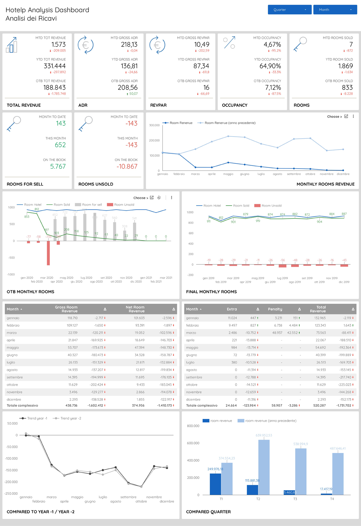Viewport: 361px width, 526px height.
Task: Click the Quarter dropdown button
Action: click(289, 10)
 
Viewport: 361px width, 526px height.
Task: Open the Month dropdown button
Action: click(335, 10)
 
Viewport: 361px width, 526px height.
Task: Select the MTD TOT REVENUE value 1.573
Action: click(58, 45)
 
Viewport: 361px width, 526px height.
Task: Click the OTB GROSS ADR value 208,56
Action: click(128, 88)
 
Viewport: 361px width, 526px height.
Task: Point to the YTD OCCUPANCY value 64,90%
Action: click(270, 66)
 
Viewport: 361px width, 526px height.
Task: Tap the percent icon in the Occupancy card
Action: click(229, 43)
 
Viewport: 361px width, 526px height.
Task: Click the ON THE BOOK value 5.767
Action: click(58, 166)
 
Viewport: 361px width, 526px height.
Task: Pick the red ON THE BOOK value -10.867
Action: click(127, 166)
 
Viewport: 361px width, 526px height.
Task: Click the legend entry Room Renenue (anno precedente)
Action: click(230, 123)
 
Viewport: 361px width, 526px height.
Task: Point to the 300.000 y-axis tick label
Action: click(154, 125)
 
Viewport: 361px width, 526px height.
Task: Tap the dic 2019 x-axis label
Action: click(344, 282)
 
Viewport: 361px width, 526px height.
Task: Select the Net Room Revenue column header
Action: click(135, 309)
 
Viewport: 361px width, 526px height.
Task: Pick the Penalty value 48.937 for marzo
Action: click(275, 332)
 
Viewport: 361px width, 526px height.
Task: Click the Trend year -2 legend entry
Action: click(70, 418)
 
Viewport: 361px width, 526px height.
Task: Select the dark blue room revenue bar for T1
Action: click(215, 484)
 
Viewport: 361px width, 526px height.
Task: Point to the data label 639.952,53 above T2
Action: click(264, 435)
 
